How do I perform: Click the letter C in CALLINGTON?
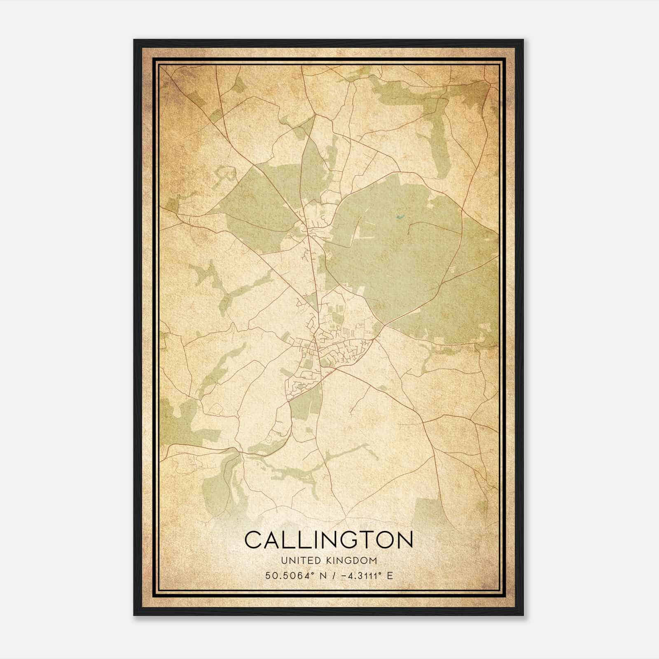[255, 540]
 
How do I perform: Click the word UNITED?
[298, 561]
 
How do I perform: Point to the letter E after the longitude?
[389, 575]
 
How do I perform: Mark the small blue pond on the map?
[399, 217]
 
